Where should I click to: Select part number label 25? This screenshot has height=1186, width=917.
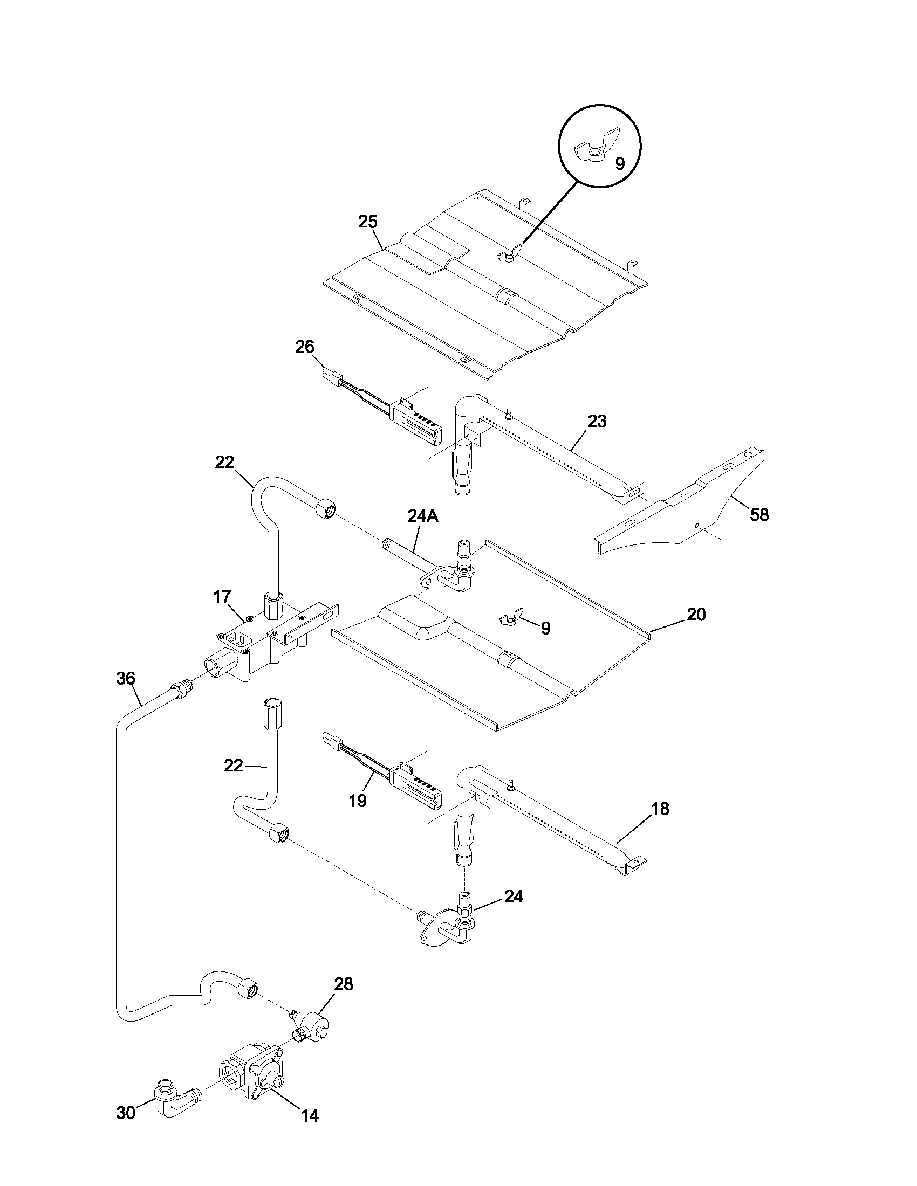[368, 222]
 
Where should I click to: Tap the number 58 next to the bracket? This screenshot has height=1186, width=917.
[759, 515]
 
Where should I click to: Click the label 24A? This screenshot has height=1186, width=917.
[422, 516]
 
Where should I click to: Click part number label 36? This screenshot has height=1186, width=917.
[126, 678]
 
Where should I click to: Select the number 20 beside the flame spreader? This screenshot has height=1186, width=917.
[696, 614]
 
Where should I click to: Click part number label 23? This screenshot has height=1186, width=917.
[597, 422]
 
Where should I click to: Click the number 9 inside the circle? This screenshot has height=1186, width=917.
[619, 163]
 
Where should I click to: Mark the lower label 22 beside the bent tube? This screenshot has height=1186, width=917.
[234, 765]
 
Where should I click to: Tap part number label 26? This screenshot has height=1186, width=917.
[305, 347]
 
